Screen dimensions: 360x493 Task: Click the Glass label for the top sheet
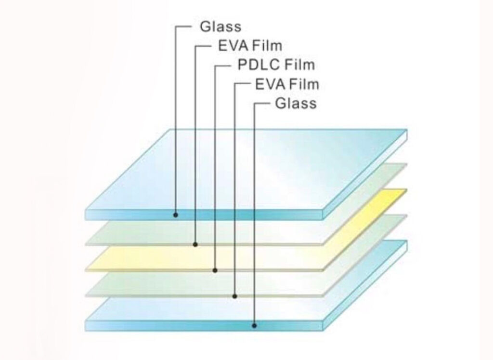coord(220,27)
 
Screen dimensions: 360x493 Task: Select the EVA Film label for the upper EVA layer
coord(246,46)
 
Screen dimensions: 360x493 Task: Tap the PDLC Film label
coord(276,65)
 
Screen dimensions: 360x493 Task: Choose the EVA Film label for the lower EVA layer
coord(287,84)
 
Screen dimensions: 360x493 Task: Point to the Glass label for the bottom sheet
coord(296,103)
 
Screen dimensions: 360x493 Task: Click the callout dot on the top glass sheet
coord(176,214)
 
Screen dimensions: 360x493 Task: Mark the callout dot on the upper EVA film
coord(195,244)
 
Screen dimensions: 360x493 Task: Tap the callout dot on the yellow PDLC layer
coord(215,270)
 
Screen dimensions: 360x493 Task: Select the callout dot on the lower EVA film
coord(234,296)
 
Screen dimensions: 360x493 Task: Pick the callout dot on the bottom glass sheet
coord(254,325)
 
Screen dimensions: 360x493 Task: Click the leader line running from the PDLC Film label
coord(215,169)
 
